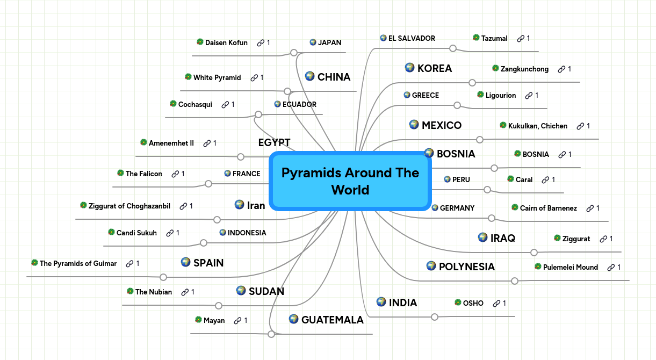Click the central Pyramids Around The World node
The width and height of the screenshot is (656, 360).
(350, 181)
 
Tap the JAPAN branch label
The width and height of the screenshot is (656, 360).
(329, 42)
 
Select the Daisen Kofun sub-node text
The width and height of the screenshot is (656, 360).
(226, 42)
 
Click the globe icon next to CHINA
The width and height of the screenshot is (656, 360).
(309, 76)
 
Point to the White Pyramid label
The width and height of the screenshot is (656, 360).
(217, 77)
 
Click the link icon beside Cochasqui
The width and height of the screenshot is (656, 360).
(225, 104)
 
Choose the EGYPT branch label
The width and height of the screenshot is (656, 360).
(274, 142)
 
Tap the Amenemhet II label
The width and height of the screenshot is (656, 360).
(171, 143)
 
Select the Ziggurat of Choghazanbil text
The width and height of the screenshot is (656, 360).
(129, 206)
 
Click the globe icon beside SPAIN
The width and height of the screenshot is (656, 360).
(186, 262)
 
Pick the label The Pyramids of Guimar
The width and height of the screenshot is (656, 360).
(78, 263)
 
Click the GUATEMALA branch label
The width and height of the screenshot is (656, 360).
(332, 320)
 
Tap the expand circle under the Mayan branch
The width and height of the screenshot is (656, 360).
(271, 334)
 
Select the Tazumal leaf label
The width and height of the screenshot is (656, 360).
(494, 38)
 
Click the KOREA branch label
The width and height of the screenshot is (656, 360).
(434, 68)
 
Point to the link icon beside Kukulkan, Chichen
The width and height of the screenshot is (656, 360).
(580, 126)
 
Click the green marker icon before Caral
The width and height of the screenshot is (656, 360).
(510, 179)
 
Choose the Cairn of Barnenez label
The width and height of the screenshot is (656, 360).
(548, 208)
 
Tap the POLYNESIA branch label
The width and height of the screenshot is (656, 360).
(466, 267)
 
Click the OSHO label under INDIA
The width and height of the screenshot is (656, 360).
(473, 303)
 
